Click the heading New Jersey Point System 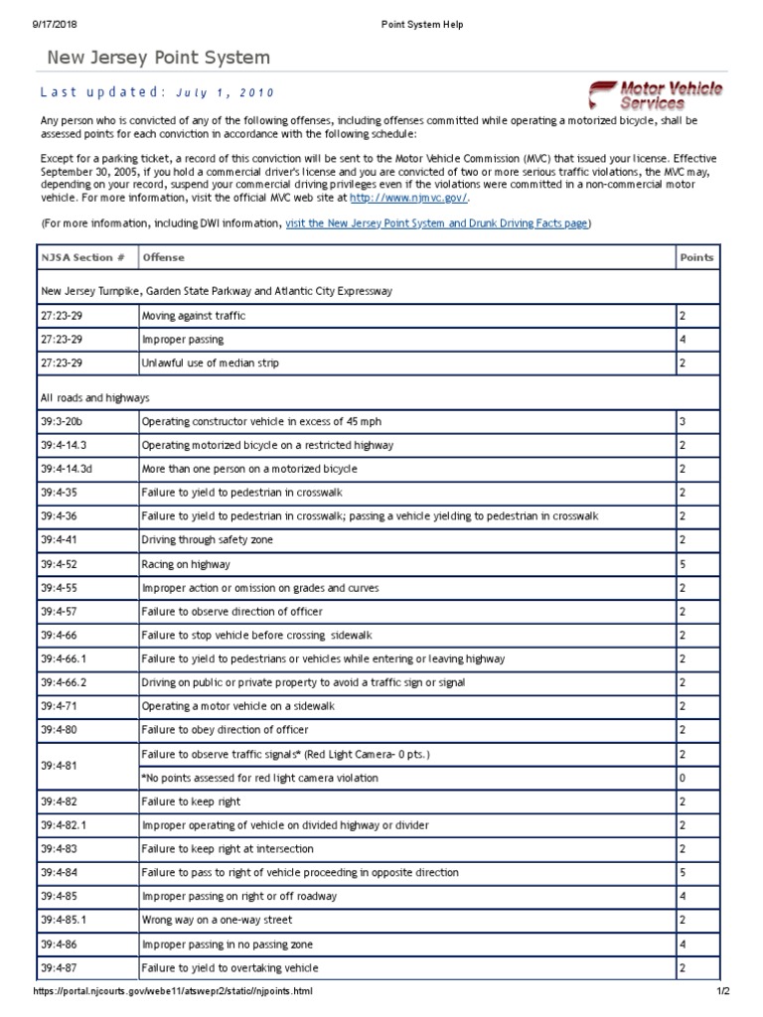(159, 59)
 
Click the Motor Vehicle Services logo (655, 95)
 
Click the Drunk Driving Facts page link (437, 223)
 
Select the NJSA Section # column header (83, 257)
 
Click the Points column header (696, 257)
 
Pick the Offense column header (164, 257)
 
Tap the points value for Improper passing (683, 339)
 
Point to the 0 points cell (683, 778)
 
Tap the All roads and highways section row (95, 397)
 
